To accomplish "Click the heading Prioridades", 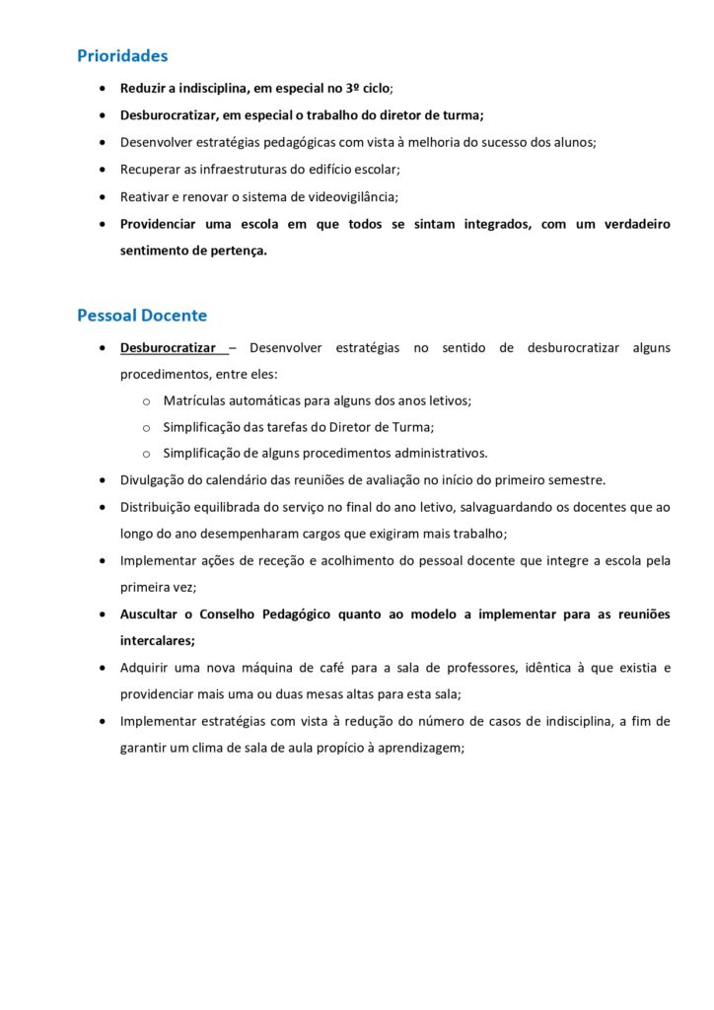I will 122,56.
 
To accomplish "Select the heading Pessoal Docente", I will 142,316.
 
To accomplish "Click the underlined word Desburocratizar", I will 169,348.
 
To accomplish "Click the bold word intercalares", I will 156,640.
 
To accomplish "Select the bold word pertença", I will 237,251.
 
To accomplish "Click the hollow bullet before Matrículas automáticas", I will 145,401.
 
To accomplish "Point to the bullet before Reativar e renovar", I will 104,196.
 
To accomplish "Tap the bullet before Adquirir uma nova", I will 104,668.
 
